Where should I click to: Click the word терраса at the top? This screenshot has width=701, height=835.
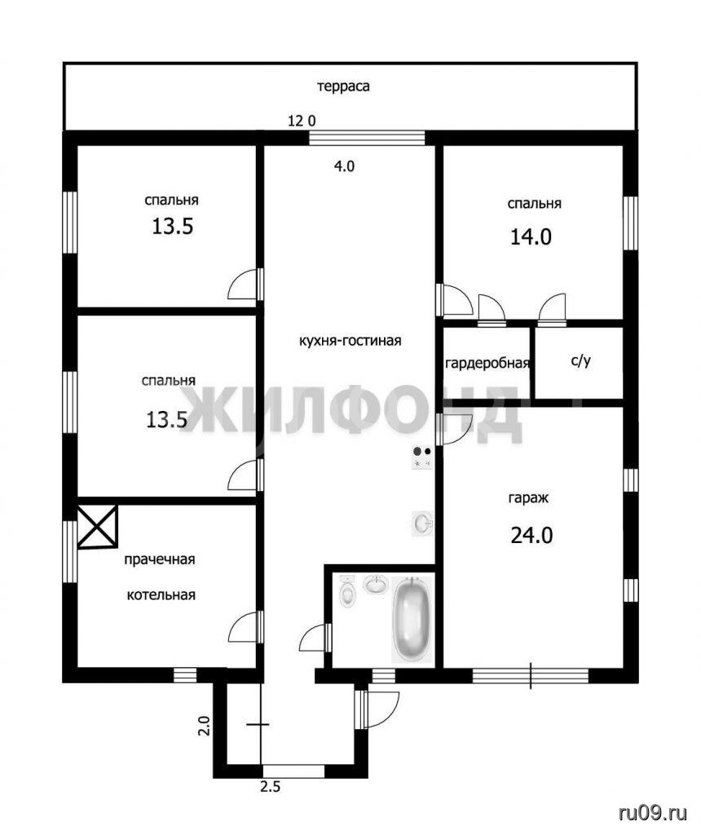tap(343, 86)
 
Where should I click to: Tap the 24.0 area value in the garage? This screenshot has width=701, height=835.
tap(531, 535)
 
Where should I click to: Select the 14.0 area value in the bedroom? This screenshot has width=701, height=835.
tap(531, 236)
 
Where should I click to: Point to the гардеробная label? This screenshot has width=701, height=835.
tap(487, 364)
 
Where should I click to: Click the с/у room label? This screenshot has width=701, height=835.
tap(580, 361)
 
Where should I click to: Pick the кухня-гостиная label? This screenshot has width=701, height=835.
tap(350, 341)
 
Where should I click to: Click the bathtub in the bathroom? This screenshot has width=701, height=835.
tap(412, 619)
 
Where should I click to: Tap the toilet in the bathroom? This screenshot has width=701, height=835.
tap(347, 591)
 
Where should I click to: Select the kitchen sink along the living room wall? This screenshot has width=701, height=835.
tap(422, 523)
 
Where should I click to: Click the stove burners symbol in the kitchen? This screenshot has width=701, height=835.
tap(422, 457)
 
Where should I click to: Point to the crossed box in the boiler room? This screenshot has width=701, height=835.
tap(97, 527)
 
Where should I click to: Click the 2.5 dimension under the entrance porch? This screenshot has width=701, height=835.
tap(271, 786)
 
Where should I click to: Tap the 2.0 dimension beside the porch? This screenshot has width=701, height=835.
tap(204, 725)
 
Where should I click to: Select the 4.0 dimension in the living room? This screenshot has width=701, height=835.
tap(344, 166)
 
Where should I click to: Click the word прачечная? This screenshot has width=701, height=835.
tap(160, 559)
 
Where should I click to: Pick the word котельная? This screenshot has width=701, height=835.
tap(161, 594)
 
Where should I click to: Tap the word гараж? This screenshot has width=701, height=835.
tap(528, 499)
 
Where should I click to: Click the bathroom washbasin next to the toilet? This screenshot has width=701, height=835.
tap(377, 584)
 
